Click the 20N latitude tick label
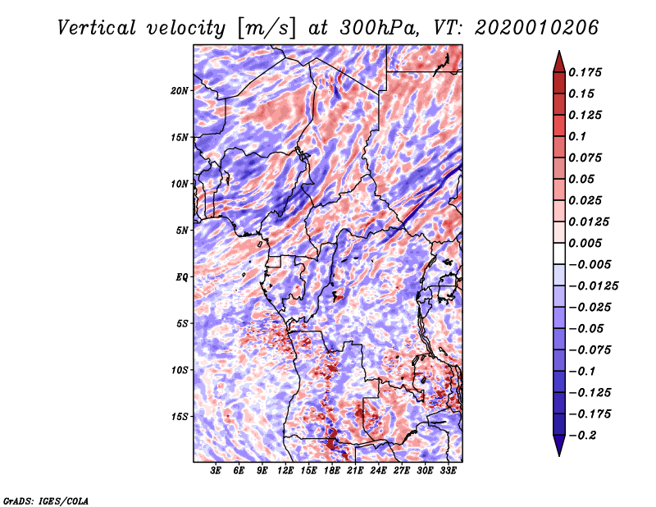coord(180,90)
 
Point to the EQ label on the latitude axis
coord(182,277)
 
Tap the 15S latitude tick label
coord(180,417)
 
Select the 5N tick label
coord(182,231)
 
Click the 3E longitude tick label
coord(216,471)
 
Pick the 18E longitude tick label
coord(332,471)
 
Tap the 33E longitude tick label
coord(449,471)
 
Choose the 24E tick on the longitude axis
coord(379,471)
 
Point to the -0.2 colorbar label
coord(585,435)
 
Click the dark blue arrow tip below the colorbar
coord(558,450)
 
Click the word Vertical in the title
coord(97,27)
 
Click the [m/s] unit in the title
coord(263,28)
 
